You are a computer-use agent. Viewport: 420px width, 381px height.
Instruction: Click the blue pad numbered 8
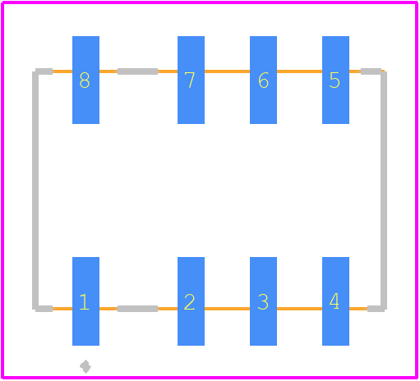[x=85, y=80]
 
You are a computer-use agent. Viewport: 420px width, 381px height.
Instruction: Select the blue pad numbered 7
[x=191, y=80]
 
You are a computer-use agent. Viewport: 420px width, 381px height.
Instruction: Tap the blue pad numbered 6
[x=263, y=80]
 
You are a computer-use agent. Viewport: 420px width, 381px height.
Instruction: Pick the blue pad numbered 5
[x=335, y=80]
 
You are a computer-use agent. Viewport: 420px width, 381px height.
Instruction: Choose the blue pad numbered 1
[x=85, y=301]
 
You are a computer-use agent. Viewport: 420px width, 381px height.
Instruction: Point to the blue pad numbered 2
[x=191, y=301]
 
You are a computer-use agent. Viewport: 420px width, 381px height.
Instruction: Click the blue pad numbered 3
[x=263, y=301]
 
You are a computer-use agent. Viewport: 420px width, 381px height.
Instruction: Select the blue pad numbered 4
[x=335, y=301]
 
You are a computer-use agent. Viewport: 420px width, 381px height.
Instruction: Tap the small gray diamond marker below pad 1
[x=85, y=366]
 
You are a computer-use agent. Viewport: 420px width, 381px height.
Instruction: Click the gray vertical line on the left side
[x=35, y=190]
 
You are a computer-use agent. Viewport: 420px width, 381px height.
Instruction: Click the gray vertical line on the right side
[x=384, y=190]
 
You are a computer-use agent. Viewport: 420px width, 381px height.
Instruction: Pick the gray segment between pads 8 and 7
[x=137, y=71]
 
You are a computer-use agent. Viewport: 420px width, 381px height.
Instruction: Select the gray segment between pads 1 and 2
[x=137, y=309]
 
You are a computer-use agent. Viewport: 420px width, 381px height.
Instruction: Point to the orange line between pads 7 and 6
[x=227, y=71]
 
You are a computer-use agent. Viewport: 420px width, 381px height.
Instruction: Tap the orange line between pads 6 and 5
[x=299, y=71]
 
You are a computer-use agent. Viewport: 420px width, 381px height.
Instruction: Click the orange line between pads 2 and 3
[x=227, y=309]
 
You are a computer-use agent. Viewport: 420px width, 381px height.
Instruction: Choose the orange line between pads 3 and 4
[x=299, y=309]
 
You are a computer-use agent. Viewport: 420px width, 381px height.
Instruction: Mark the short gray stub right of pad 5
[x=371, y=71]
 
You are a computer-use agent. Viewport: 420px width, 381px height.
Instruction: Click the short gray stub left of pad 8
[x=44, y=71]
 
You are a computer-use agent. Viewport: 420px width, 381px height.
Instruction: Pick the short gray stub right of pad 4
[x=376, y=309]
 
